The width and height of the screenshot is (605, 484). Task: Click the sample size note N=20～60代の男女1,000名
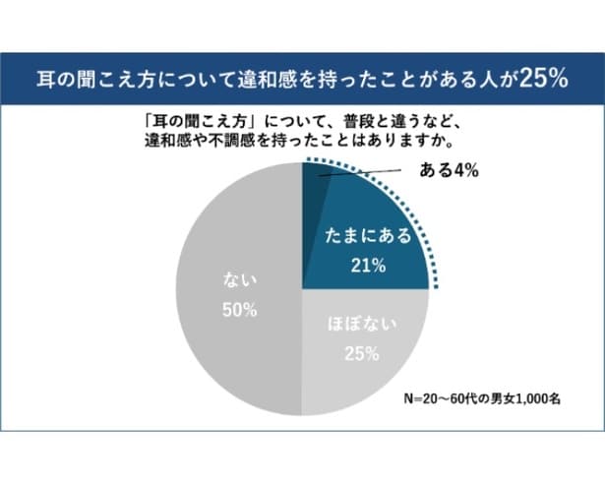(481, 400)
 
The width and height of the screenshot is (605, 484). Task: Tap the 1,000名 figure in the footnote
(533, 400)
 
